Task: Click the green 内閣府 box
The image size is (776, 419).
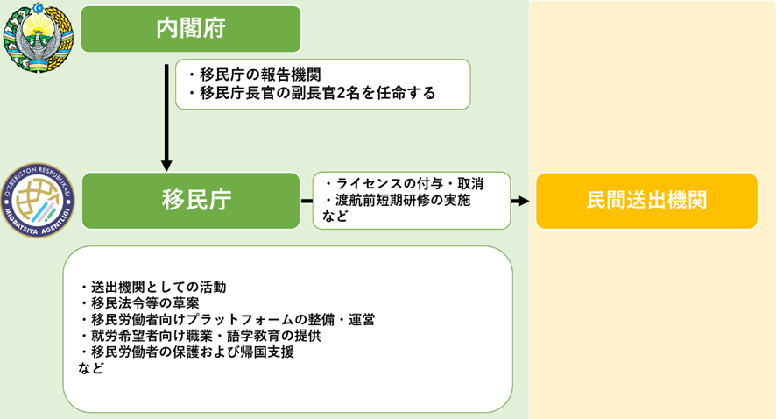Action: coord(191,29)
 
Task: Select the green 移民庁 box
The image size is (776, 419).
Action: coord(191,201)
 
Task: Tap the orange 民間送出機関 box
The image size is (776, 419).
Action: coord(647,201)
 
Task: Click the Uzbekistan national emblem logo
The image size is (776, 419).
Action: coord(39,38)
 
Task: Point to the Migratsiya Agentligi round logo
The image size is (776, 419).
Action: coord(38,200)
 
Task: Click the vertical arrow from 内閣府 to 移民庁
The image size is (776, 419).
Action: coord(166,117)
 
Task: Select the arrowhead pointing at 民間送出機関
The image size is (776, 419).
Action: coord(523,201)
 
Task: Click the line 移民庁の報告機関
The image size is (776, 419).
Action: coord(255,75)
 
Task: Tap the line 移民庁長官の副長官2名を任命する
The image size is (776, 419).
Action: coord(312,93)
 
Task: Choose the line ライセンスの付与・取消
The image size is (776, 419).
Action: coord(404,184)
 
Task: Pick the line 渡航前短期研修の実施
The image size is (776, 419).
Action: coord(398,200)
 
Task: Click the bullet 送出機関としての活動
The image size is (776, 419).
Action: coord(153,288)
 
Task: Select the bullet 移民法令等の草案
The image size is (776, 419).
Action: coord(139,303)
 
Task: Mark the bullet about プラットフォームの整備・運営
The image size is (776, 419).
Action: coord(227,319)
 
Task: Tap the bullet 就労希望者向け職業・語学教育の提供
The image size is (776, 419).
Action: coord(201,336)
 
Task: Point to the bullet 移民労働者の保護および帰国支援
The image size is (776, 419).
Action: coord(187,352)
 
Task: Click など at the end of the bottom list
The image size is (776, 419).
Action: coord(91,368)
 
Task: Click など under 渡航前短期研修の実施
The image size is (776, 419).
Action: coord(335,216)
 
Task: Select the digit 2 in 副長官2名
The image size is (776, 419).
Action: coord(341,93)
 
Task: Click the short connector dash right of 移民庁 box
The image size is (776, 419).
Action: coord(307,201)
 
